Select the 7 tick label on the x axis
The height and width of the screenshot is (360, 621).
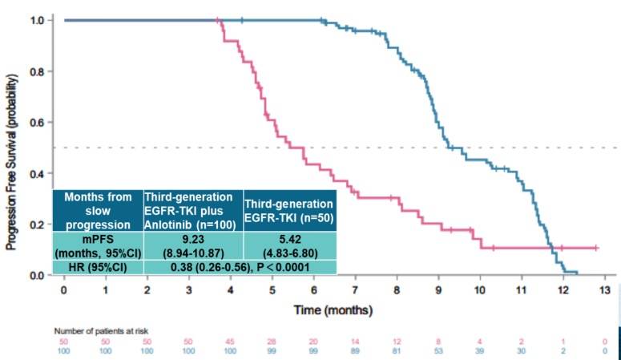coord(355,290)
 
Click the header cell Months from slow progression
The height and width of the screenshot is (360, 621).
coord(97,211)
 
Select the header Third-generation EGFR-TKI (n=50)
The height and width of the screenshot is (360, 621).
coord(289,211)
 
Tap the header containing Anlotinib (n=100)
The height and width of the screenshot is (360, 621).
coord(192,211)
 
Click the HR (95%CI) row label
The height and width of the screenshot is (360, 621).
coord(97,266)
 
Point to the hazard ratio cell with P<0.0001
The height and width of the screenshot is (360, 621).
coord(240,266)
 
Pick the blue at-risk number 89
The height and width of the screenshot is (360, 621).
coord(355,351)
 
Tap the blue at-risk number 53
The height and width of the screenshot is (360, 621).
coord(438,351)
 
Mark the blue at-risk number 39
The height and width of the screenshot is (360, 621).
coord(479,351)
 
